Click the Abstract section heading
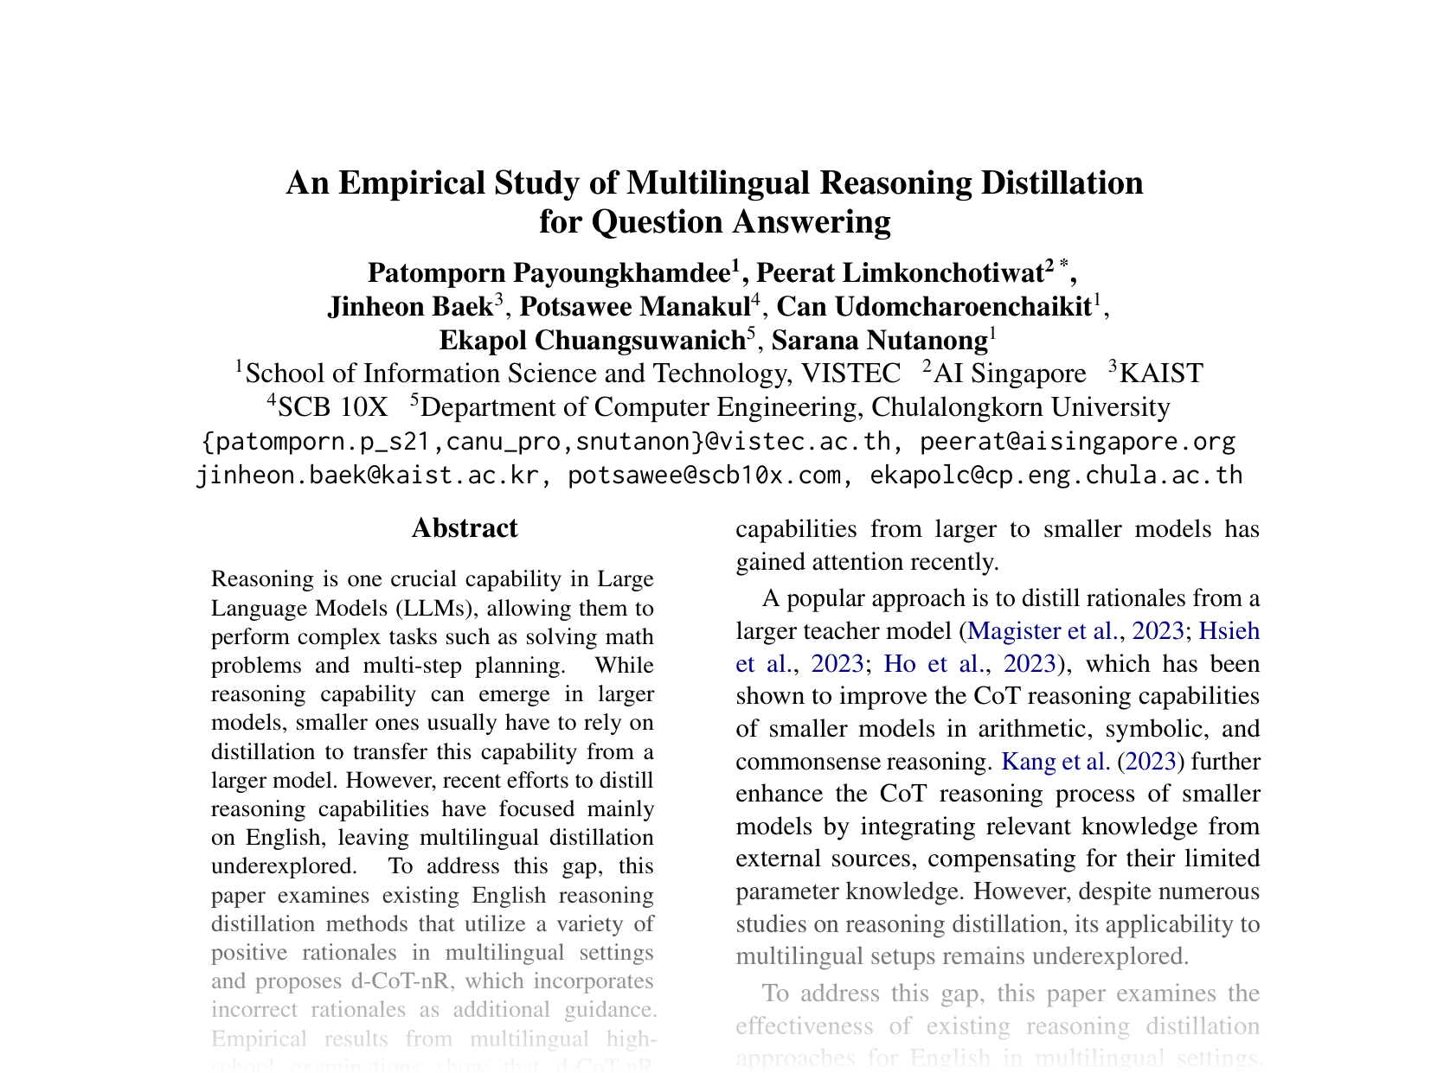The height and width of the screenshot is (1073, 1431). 465,528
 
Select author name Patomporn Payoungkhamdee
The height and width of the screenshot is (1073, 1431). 549,273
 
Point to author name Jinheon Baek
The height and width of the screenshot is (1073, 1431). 409,307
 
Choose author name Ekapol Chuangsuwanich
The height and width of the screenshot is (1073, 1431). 592,341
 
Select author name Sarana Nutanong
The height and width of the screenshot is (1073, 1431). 879,341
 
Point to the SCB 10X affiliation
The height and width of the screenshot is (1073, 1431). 333,407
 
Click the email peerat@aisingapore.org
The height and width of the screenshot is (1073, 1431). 1077,442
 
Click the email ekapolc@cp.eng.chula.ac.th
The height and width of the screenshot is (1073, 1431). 1056,476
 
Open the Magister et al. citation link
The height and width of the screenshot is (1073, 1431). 1043,631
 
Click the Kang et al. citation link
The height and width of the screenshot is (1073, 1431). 1055,762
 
